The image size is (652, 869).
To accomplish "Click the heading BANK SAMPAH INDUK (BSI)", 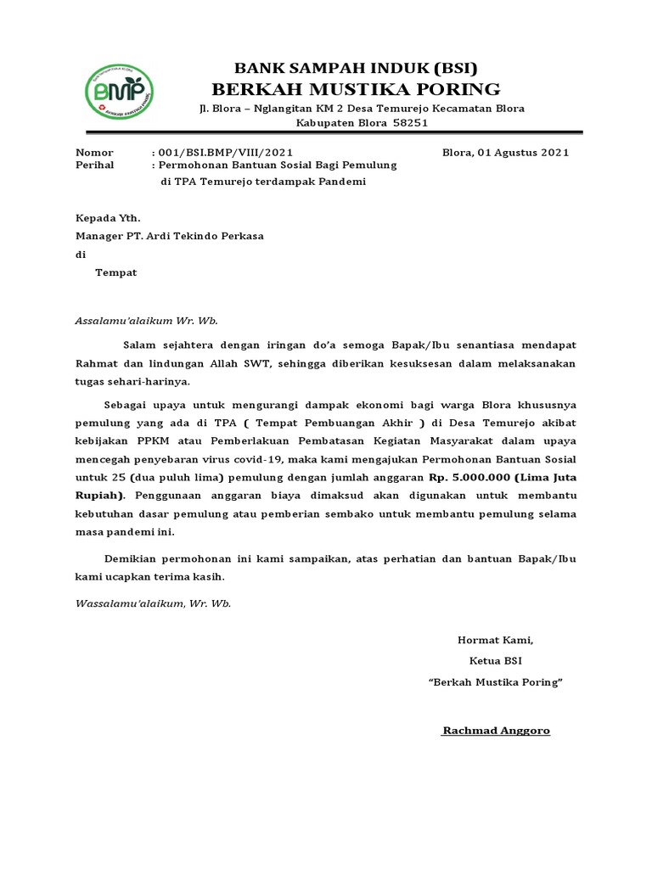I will pos(356,69).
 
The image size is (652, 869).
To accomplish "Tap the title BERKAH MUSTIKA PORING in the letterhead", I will pos(356,89).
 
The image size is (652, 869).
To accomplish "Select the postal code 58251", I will pos(409,123).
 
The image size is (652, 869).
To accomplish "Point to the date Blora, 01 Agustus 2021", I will pos(506,153).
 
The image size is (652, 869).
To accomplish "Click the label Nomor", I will pos(94,153).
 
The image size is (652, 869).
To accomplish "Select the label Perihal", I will pos(95,166).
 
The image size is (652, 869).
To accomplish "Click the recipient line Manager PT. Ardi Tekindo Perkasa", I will pos(170,236).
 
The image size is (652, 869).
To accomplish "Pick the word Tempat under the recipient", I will pos(115,272).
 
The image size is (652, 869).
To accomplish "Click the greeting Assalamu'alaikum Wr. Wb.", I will pos(147,321).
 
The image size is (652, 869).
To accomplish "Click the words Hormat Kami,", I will pos(496,640).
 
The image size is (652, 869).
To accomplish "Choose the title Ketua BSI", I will pos(496,660).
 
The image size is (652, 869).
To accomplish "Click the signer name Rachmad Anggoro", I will pos(496,730).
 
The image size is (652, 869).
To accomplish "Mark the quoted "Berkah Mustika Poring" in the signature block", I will pos(496,681).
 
